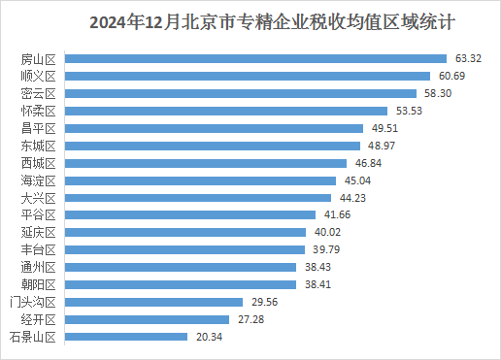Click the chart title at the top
(x=250, y=20)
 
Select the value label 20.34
(x=207, y=337)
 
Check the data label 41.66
(x=335, y=214)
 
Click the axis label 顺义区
(x=40, y=76)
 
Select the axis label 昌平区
(x=40, y=128)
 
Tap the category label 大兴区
(x=40, y=198)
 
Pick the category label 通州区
(x=40, y=267)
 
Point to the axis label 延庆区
(x=40, y=232)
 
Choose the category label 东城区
(x=40, y=146)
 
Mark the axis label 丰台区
(x=40, y=249)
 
